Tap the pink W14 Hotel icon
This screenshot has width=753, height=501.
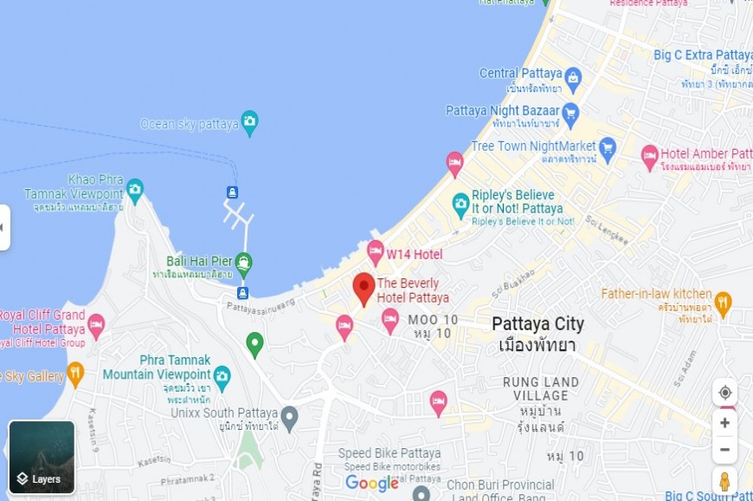point(376,252)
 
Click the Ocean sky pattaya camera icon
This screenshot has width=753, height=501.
point(250,122)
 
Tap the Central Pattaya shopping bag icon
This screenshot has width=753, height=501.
point(573,80)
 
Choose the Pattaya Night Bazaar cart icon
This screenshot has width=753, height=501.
point(570,112)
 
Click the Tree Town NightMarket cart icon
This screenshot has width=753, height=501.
point(608,146)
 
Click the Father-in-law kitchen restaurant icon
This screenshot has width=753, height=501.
point(724,303)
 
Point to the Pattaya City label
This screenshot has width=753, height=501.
point(537,324)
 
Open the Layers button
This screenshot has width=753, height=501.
point(42,457)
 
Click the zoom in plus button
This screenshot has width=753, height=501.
point(725,423)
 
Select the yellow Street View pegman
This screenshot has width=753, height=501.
point(725,482)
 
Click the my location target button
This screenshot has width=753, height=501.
point(725,392)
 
